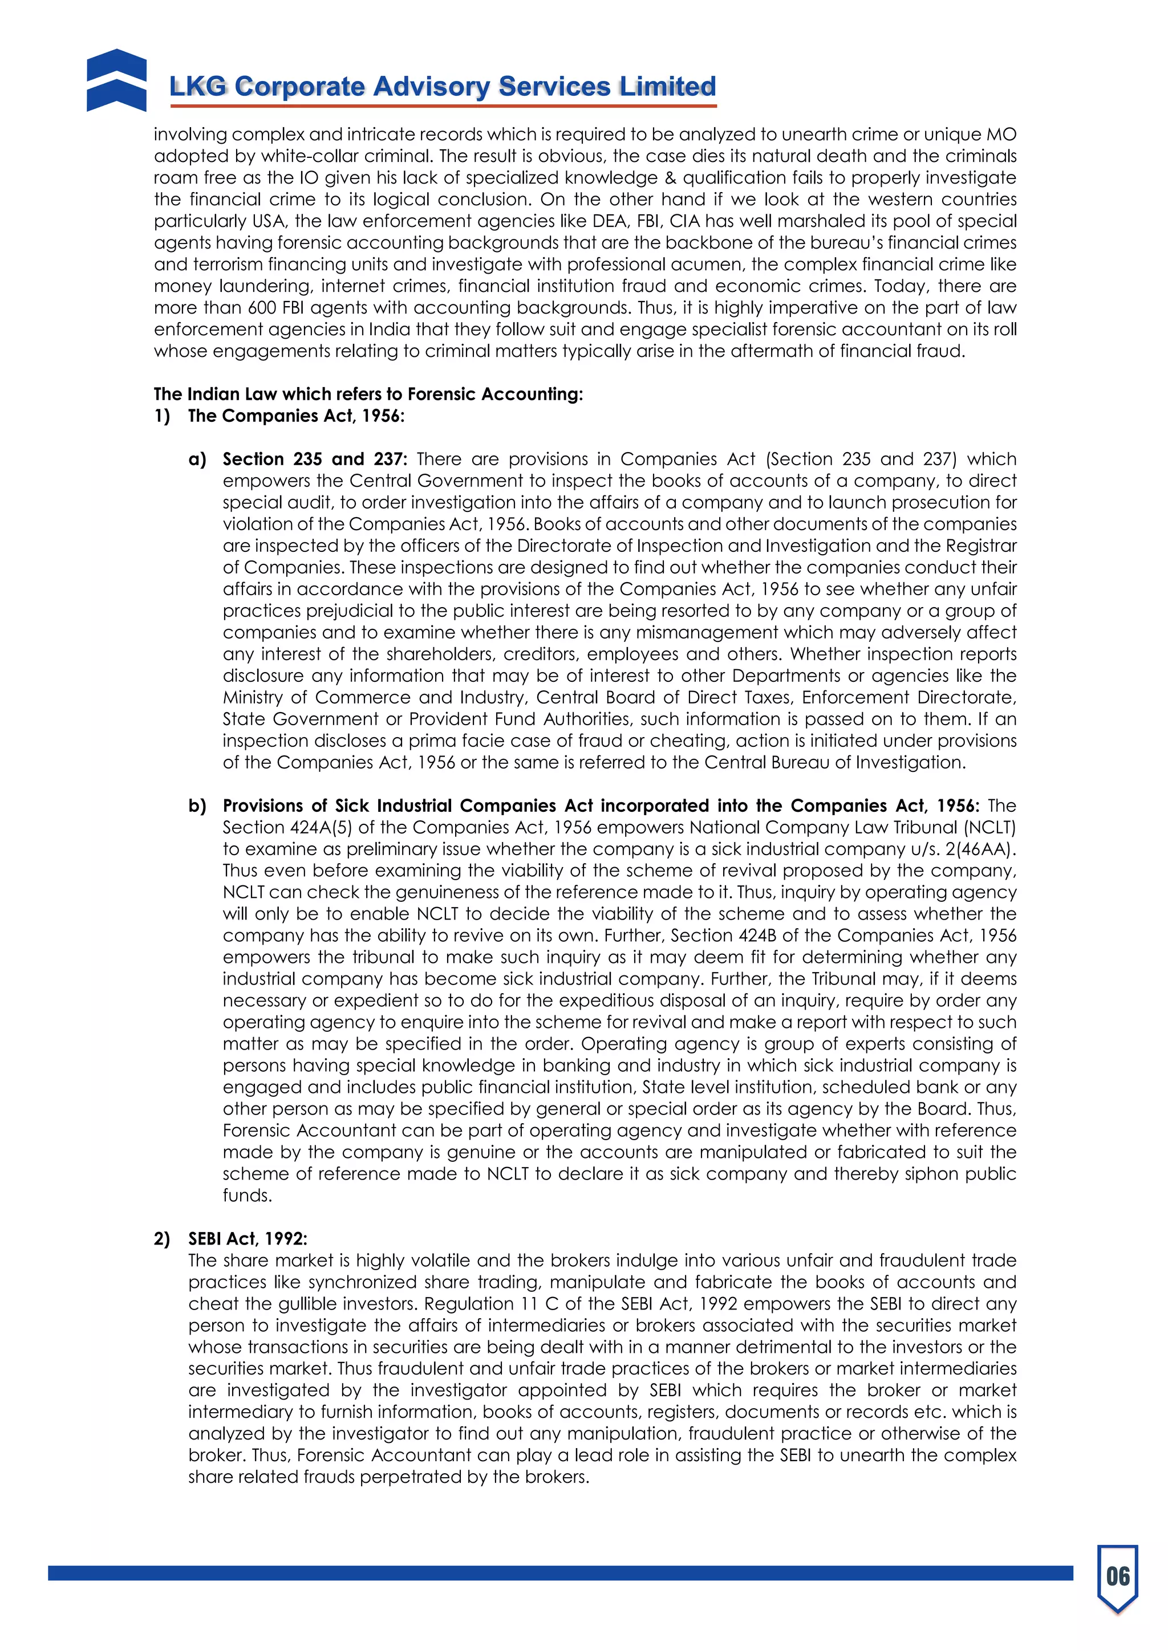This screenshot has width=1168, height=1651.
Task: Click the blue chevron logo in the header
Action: [116, 80]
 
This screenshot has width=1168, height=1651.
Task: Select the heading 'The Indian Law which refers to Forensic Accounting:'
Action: [368, 394]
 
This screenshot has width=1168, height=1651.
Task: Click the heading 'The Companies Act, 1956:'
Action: [295, 416]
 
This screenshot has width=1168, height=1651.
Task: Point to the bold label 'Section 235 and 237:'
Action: [314, 459]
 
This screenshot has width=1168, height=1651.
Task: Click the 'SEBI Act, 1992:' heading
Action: [248, 1238]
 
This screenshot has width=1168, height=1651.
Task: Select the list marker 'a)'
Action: [197, 459]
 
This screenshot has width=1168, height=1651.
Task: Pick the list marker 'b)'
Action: [197, 806]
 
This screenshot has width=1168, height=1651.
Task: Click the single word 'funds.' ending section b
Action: [248, 1195]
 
